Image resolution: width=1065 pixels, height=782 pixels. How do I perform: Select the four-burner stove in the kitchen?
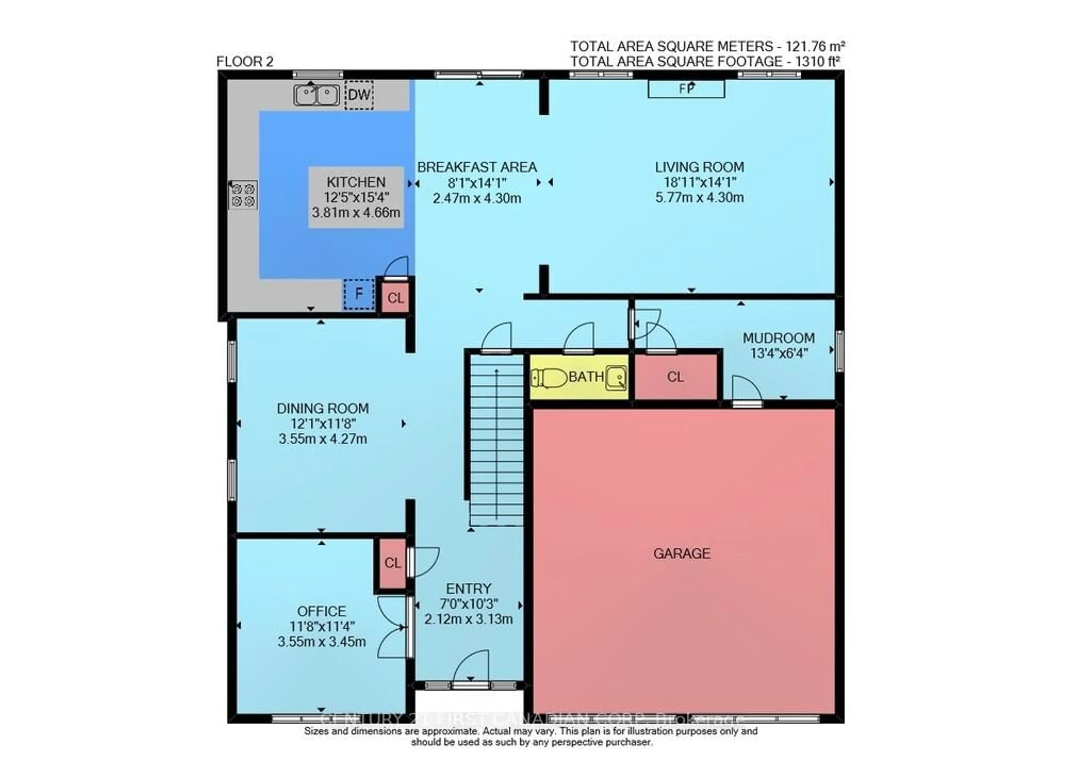tap(243, 195)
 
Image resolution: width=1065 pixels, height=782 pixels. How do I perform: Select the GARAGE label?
tap(682, 553)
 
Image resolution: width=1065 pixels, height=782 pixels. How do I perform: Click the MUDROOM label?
tap(779, 338)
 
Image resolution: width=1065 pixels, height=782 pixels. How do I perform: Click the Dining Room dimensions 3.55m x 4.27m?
tap(323, 439)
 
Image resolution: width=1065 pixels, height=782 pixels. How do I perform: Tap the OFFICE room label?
tap(322, 611)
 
